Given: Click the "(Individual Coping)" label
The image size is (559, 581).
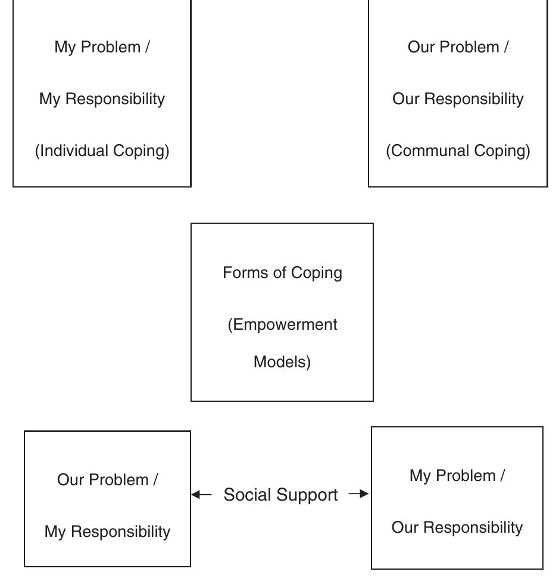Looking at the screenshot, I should coord(102,151).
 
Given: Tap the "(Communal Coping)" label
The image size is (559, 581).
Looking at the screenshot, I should coord(458,151).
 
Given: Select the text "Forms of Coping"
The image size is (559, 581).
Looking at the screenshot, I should coord(282,273).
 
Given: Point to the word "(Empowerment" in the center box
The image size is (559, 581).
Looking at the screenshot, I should coord(282,325).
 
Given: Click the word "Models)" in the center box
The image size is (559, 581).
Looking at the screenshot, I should coord(282,362).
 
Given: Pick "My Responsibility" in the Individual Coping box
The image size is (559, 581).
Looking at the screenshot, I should coord(102,99).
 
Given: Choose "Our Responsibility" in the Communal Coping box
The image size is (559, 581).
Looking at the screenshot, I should coord(458,99).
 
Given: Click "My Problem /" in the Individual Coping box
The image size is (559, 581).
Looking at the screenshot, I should coord(102,47).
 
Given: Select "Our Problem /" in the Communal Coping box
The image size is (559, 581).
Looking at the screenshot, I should coord(458,47).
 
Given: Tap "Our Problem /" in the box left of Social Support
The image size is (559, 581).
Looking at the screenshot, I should coord(107,480).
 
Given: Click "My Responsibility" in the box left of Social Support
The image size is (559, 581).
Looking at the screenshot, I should coord(107,532).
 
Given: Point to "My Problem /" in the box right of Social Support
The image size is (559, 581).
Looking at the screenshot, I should coord(457,476).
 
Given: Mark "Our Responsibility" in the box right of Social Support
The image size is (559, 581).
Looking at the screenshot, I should coord(457,527).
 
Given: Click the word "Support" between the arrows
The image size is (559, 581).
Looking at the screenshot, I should coord(307,495).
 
